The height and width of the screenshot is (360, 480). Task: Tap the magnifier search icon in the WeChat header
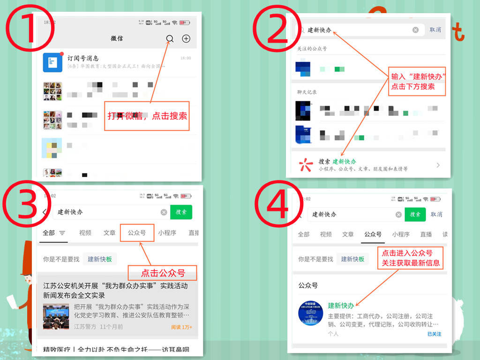170,39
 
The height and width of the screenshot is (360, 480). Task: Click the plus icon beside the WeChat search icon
186,39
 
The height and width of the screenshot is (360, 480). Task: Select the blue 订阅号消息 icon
52,62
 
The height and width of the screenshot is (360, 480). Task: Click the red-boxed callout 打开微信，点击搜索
147,116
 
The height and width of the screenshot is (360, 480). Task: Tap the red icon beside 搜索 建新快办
306,164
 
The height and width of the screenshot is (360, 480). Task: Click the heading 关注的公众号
312,49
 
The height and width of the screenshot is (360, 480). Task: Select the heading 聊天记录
307,92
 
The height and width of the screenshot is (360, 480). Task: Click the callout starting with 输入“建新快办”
417,82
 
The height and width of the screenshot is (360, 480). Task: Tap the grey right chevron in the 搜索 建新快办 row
438,165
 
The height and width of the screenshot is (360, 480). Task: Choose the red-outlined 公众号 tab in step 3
137,232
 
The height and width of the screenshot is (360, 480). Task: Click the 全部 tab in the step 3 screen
49,232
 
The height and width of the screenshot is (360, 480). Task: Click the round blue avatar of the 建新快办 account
310,314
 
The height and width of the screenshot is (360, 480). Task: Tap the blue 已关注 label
434,334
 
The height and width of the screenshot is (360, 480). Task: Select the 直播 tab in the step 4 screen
426,234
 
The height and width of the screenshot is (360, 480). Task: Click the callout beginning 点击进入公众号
411,257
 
